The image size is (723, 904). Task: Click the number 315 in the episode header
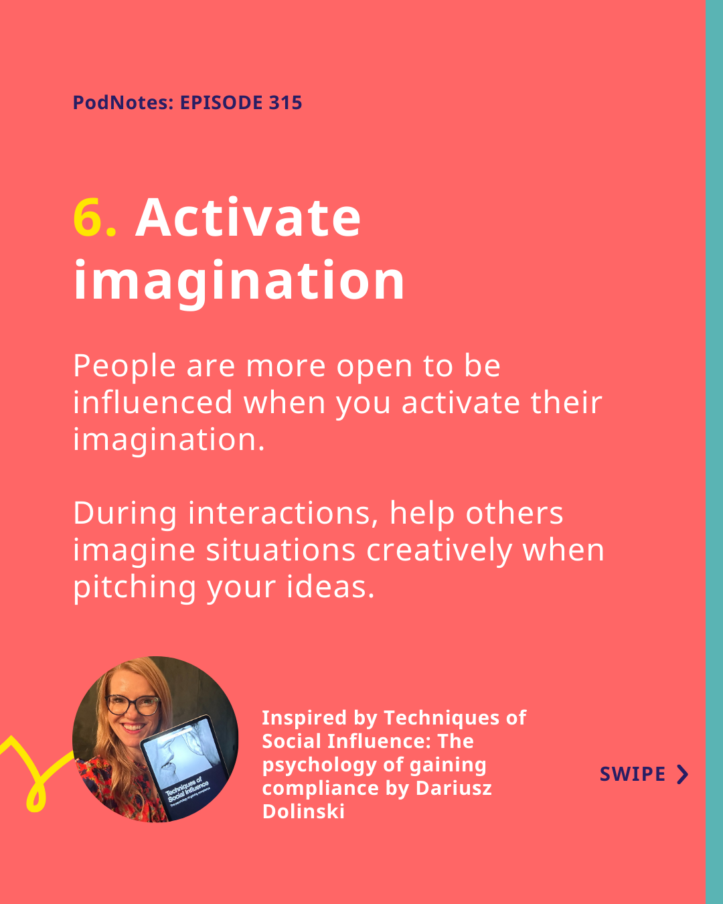coord(285,102)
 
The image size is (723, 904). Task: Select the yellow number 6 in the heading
coord(88,217)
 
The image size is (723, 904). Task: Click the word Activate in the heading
coord(248,217)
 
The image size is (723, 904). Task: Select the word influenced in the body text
coord(153,402)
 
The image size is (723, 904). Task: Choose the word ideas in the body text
coord(331,587)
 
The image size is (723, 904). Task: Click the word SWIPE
coord(633,774)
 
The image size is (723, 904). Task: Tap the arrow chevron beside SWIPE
coord(683,774)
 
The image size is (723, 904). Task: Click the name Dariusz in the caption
coord(454,787)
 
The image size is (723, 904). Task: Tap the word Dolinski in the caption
coord(304,811)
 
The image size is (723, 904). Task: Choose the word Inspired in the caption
coord(304,718)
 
